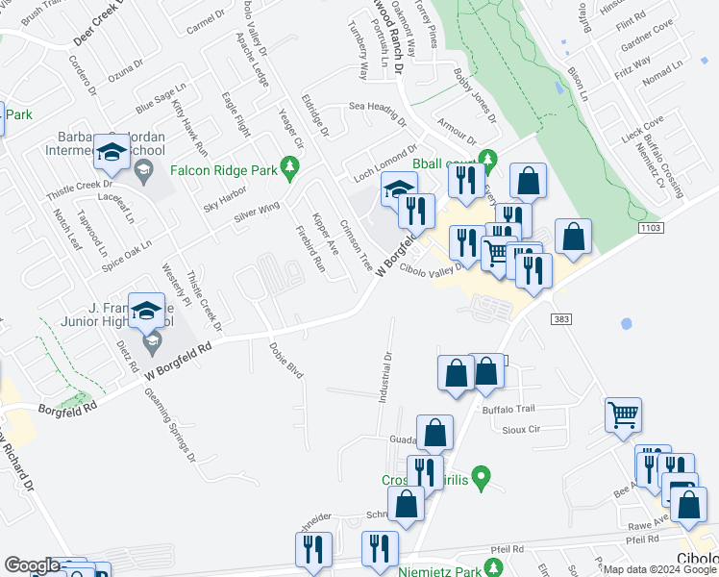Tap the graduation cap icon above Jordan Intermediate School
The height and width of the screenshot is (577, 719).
click(112, 152)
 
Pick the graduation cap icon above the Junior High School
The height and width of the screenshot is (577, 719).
click(147, 311)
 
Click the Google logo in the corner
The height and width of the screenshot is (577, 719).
click(32, 565)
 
